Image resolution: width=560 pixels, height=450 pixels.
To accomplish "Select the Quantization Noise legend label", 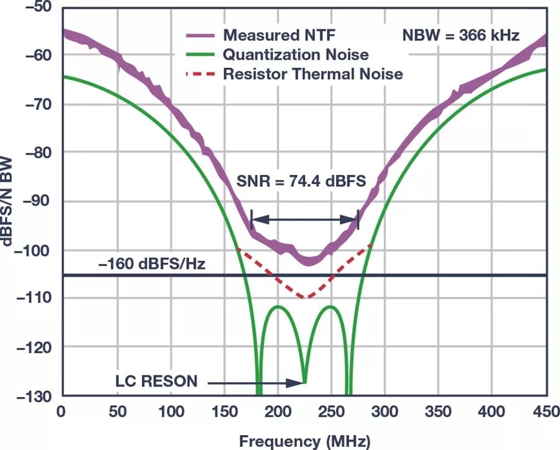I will tap(296, 55).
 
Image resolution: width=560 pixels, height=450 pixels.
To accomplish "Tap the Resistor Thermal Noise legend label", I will tap(313, 74).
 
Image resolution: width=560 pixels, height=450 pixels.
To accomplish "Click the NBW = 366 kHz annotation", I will tap(461, 35).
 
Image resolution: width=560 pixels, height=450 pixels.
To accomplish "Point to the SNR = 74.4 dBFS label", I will tap(301, 182).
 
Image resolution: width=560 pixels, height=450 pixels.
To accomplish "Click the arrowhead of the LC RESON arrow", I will tap(301, 382).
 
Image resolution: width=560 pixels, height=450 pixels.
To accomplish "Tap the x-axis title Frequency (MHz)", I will tap(304, 441).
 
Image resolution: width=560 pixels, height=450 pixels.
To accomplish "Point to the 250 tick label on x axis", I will tap(331, 411).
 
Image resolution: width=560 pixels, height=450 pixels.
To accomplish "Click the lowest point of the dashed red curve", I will tap(306, 298).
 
